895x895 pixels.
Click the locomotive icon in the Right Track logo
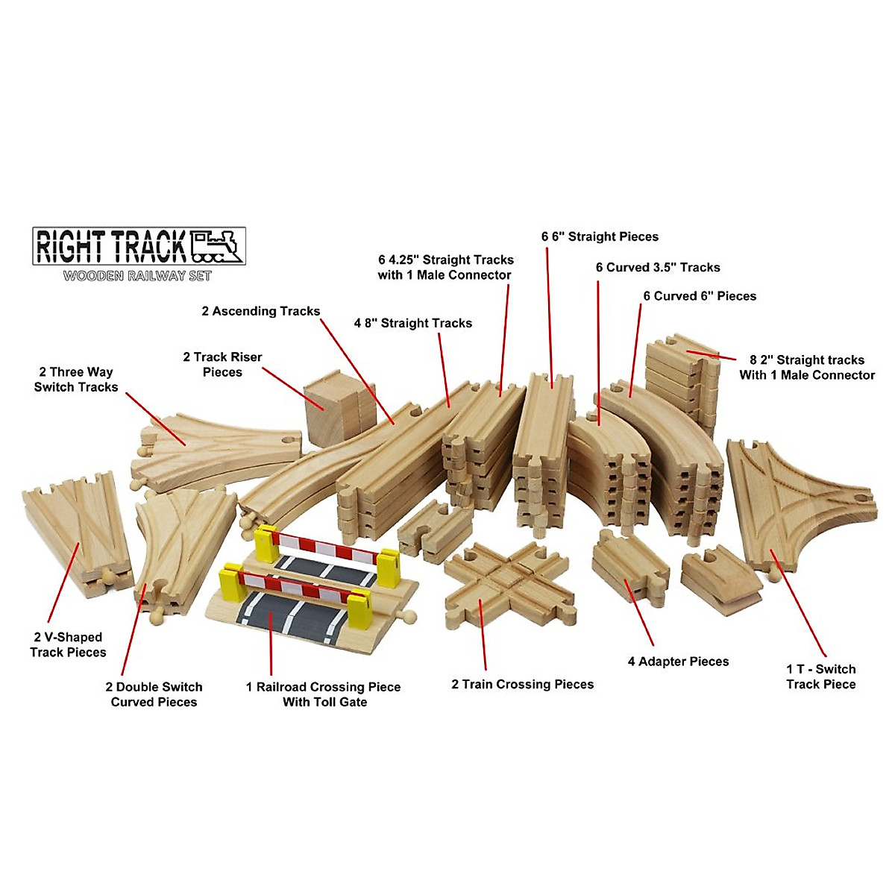217,245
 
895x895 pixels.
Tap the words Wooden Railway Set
137,276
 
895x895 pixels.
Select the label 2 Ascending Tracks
260,311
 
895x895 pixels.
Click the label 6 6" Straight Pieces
600,236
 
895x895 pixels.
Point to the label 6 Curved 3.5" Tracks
658,267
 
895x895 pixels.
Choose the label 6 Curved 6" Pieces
700,296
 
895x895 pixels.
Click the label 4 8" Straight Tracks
412,323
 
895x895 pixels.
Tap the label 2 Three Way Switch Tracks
76,379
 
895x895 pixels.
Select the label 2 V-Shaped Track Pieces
68,644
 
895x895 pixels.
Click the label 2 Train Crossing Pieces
522,684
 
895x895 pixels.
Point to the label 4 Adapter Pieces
678,661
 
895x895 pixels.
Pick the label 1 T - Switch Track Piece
820,676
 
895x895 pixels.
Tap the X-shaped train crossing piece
509,582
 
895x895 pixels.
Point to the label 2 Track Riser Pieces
222,364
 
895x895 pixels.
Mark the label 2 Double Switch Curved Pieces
154,694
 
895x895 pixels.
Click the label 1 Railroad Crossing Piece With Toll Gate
324,694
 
